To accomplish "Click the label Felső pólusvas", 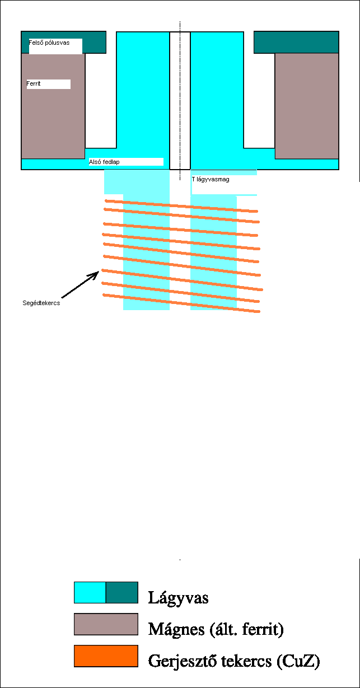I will tap(49, 42).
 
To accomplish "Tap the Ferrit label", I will tap(34, 84).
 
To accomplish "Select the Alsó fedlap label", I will tap(105, 162).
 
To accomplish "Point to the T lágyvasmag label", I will tap(211, 180).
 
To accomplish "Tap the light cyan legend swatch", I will tap(90, 592).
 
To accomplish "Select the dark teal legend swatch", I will tap(121, 592).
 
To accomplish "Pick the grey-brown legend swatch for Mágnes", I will tap(106, 624).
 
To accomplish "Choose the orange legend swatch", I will tap(106, 656).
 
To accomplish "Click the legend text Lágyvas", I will tap(178, 597).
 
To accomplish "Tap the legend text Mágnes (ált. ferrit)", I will tap(216, 629).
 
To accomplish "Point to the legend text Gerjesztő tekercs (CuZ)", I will tap(234, 661).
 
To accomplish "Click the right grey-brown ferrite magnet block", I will tap(307, 105).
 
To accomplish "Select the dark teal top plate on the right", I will tap(296, 42).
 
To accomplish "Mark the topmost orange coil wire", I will tap(181, 206).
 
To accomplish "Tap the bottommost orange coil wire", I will tap(181, 303).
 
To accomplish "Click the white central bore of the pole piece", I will tap(180, 101).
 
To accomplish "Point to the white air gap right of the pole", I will tap(259, 101).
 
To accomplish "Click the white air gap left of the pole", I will tap(101, 101).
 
